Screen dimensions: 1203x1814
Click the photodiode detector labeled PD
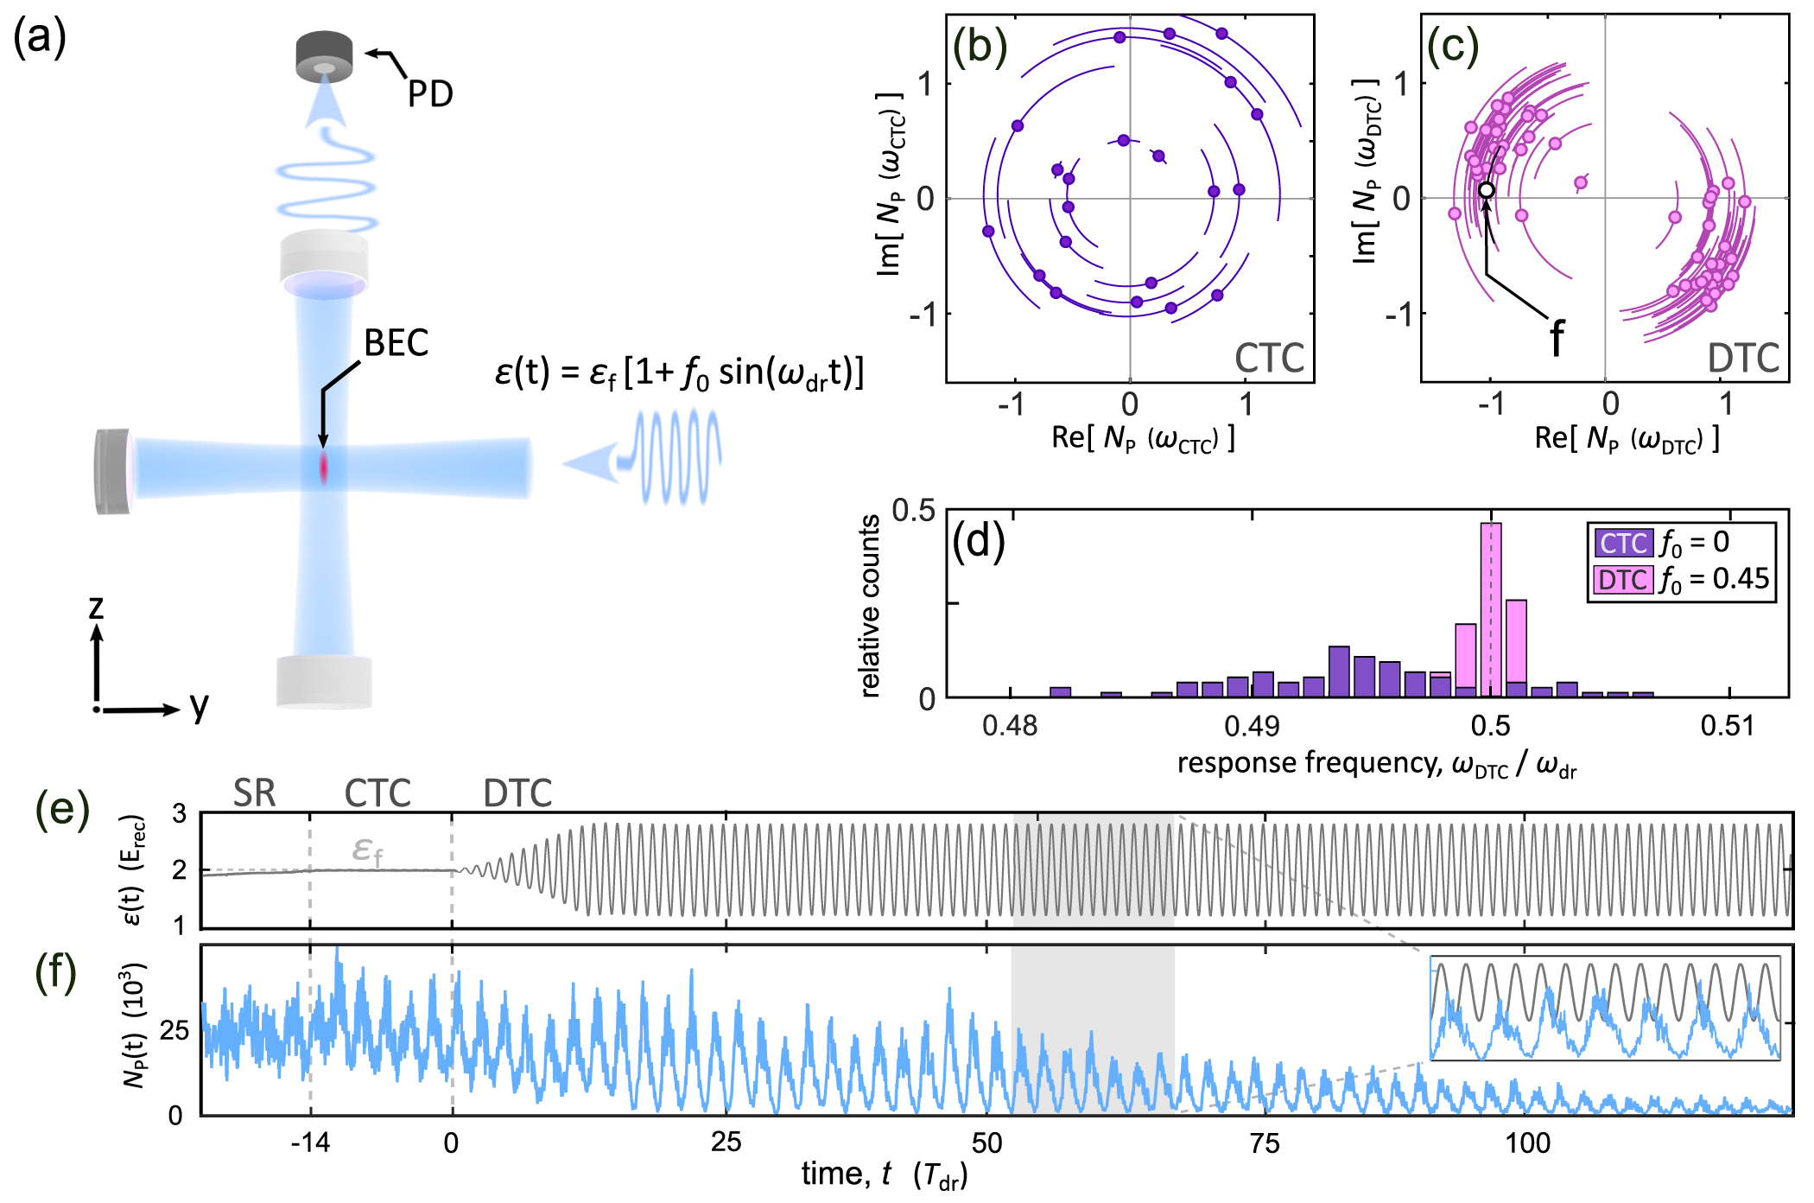click(x=324, y=57)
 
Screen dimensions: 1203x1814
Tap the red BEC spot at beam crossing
click(x=324, y=468)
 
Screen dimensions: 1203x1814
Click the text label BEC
click(x=396, y=343)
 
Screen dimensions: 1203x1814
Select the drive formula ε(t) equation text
click(x=679, y=373)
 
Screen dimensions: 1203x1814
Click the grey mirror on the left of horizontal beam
click(x=112, y=471)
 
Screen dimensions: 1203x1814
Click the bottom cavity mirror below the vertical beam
click(x=324, y=682)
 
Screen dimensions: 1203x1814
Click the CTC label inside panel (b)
click(x=1268, y=358)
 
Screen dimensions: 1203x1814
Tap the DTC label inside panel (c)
click(x=1743, y=358)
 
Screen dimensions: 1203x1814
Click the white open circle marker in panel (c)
click(x=1486, y=190)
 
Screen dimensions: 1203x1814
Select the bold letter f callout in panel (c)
click(x=1556, y=337)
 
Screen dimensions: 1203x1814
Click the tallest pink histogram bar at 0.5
click(x=1491, y=609)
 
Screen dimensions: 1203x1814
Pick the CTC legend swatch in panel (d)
click(x=1623, y=543)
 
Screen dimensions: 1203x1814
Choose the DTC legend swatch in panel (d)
click(x=1623, y=579)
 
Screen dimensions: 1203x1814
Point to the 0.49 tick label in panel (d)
click(x=1252, y=726)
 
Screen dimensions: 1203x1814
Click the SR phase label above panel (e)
click(x=254, y=792)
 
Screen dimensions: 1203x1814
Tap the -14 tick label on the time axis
click(x=310, y=1143)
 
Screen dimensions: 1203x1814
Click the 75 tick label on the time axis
click(x=1265, y=1143)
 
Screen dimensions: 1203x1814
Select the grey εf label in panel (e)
click(x=366, y=850)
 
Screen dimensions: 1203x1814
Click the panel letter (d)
click(x=978, y=542)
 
